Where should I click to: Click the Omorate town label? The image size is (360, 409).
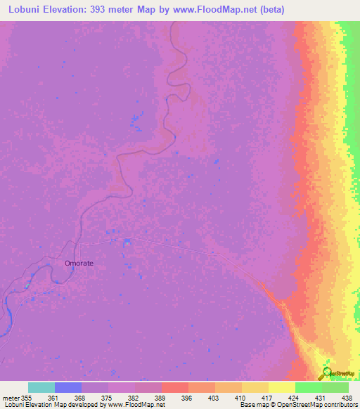(x=79, y=264)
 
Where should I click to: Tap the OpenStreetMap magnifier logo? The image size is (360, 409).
(x=327, y=374)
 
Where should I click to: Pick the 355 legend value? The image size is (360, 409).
(x=28, y=398)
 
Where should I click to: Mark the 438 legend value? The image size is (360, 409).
(x=347, y=398)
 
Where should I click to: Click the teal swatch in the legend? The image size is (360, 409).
(x=41, y=387)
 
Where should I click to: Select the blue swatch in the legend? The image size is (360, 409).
(x=68, y=387)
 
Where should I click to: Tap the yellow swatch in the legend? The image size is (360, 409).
(x=282, y=387)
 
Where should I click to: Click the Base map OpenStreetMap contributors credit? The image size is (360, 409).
(x=297, y=405)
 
